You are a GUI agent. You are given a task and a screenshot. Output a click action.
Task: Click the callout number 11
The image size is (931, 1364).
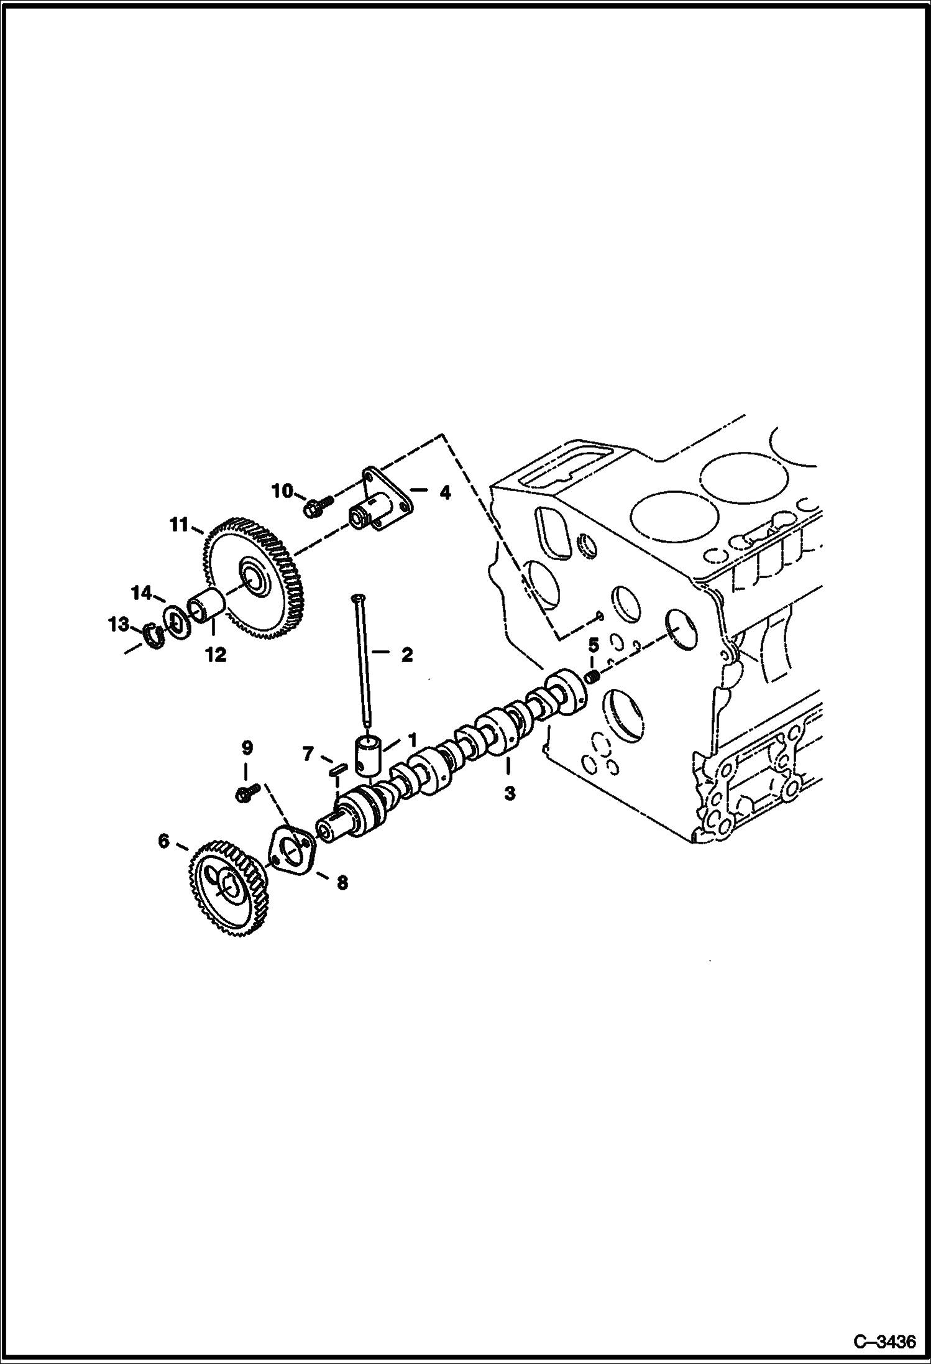[x=179, y=525]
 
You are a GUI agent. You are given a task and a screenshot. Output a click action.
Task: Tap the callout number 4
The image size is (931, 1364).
[x=445, y=493]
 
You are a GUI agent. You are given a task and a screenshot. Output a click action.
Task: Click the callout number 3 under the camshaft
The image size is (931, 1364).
[x=510, y=794]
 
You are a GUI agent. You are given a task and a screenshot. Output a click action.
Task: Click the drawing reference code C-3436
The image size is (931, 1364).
[x=884, y=1341]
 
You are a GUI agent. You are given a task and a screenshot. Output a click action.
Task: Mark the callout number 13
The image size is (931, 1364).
[x=119, y=624]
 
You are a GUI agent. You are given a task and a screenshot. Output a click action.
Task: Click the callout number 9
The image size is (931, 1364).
[x=247, y=748]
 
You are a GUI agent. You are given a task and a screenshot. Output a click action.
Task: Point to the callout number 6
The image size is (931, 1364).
[x=163, y=841]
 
